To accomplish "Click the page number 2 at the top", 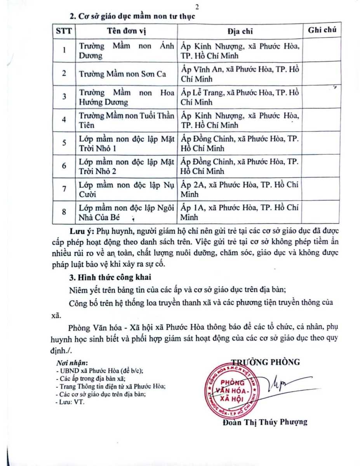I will click(197, 7).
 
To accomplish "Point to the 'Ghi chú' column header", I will click(322, 30).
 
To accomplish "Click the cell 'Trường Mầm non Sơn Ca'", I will click(122, 74).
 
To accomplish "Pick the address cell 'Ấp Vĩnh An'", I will click(240, 74).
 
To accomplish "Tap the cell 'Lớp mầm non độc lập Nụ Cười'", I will click(127, 189).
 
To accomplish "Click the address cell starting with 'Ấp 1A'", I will click(240, 212).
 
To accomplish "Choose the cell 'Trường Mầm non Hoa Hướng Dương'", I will click(127, 97).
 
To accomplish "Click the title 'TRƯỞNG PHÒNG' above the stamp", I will click(266, 362).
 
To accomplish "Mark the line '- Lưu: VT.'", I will click(70, 402).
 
